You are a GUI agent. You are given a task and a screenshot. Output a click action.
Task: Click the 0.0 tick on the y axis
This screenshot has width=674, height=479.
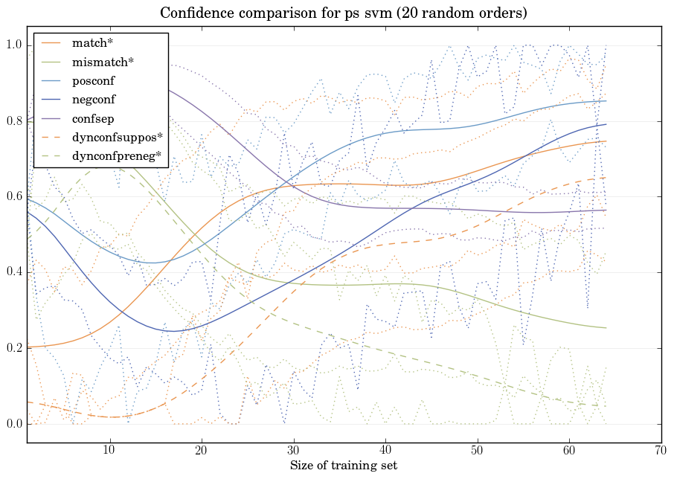pyautogui.click(x=14, y=424)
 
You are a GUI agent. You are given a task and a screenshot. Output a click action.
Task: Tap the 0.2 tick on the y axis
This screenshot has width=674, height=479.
pyautogui.click(x=14, y=348)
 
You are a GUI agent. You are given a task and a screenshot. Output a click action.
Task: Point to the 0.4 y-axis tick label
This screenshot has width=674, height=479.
pyautogui.click(x=14, y=272)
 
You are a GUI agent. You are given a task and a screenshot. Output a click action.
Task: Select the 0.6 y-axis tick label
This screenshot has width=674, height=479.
pyautogui.click(x=14, y=196)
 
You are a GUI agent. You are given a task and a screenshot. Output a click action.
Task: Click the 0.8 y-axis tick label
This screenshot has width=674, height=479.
pyautogui.click(x=14, y=121)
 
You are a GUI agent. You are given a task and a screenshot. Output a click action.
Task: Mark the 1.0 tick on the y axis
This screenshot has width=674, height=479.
pyautogui.click(x=14, y=45)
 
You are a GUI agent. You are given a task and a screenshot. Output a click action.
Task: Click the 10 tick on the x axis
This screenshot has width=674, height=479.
pyautogui.click(x=109, y=450)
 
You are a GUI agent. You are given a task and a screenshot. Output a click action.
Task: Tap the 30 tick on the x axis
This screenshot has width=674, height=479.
pyautogui.click(x=293, y=450)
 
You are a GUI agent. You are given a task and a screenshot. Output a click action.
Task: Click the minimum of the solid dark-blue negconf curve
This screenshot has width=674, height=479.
pyautogui.click(x=173, y=331)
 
